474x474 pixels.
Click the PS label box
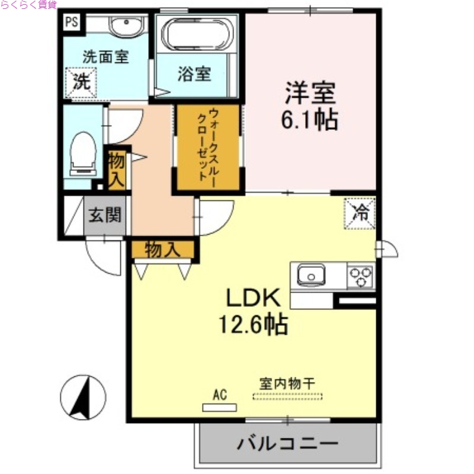pos(72,23)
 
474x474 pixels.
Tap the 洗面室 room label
pos(105,57)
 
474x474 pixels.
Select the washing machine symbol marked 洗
pos(78,82)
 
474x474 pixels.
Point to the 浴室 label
pos(194,75)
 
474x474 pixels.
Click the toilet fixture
pos(83,153)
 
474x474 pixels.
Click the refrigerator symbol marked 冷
pos(360,212)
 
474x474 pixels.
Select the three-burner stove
pos(360,276)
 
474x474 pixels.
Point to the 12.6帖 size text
pos(253,325)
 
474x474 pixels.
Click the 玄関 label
pos(105,214)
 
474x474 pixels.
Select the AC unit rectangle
pos(219,407)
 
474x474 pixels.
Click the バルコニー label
pos(288,443)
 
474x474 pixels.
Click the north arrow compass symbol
pos(84,398)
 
